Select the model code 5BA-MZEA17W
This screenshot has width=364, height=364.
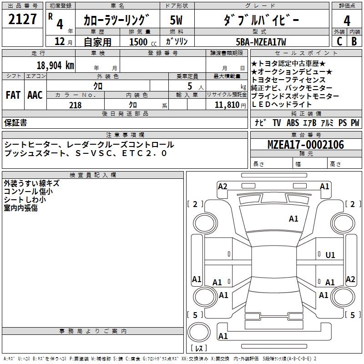coord(262,42)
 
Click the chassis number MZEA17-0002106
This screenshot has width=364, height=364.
coord(305,145)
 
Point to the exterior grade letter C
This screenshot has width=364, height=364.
coord(339,41)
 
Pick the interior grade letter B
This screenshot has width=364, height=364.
coord(354,41)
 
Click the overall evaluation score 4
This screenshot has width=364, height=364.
coord(347,20)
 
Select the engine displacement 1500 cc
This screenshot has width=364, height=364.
coord(138,42)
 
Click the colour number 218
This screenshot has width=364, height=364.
coord(75,105)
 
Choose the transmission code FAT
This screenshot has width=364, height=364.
coord(13,95)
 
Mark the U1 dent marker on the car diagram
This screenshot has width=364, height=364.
coord(330,255)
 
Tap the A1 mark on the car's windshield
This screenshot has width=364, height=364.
coord(293,219)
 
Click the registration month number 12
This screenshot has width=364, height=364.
coord(60,42)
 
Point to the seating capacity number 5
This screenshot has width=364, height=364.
coord(189,86)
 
